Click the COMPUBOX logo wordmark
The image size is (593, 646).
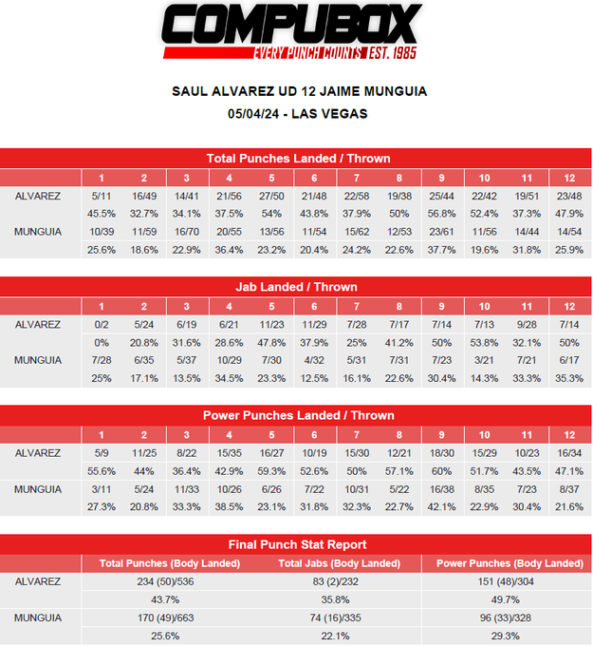coord(289,24)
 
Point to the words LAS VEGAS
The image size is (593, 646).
coord(330,113)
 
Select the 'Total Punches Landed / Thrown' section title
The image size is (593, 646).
coord(298,159)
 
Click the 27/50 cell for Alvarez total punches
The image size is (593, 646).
coord(270,196)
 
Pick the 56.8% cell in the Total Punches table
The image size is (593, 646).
coord(440,213)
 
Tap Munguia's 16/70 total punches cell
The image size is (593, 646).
coord(186,231)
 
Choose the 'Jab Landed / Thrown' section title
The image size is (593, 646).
coord(298,287)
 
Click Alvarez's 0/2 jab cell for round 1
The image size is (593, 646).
coord(102,324)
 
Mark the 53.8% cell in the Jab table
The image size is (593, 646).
coord(483,342)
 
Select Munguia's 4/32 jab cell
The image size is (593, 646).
coord(313,359)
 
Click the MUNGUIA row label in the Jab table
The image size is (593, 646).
coord(38,359)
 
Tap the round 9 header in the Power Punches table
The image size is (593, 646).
coord(440,434)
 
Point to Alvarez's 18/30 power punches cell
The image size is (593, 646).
coord(440,452)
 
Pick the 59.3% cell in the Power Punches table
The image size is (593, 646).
coord(270,470)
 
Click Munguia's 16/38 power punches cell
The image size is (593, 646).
coord(440,488)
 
